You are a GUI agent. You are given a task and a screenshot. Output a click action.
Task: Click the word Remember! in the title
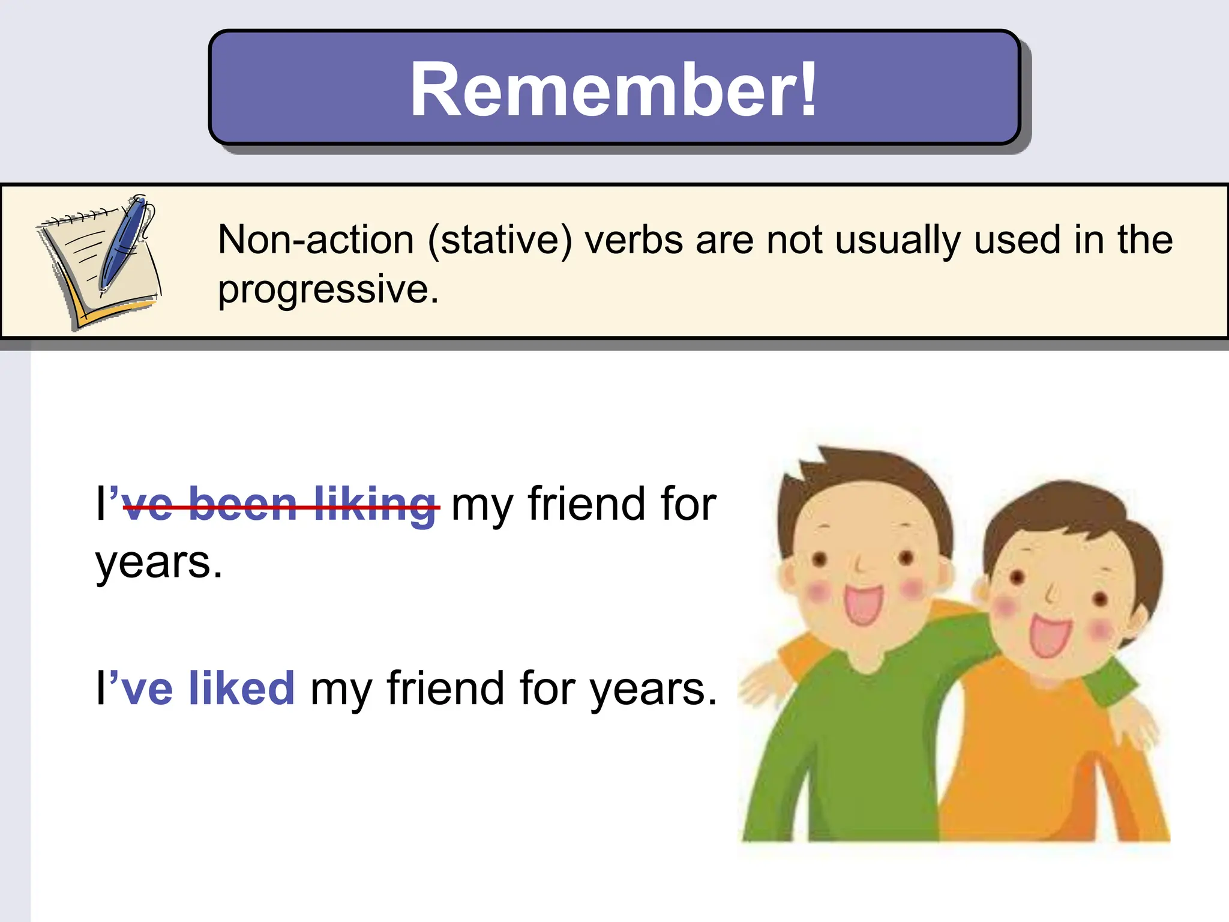click(613, 90)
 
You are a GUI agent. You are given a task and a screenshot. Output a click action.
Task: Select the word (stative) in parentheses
click(500, 240)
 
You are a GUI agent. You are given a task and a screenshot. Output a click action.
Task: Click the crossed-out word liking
click(376, 504)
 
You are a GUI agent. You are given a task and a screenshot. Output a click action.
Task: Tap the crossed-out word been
click(243, 504)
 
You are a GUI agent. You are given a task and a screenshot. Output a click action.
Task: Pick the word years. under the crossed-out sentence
click(159, 563)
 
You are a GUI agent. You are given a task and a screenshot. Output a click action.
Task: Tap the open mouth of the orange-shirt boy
click(1050, 636)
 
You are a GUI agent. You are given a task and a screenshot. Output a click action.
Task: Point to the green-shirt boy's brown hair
click(870, 480)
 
